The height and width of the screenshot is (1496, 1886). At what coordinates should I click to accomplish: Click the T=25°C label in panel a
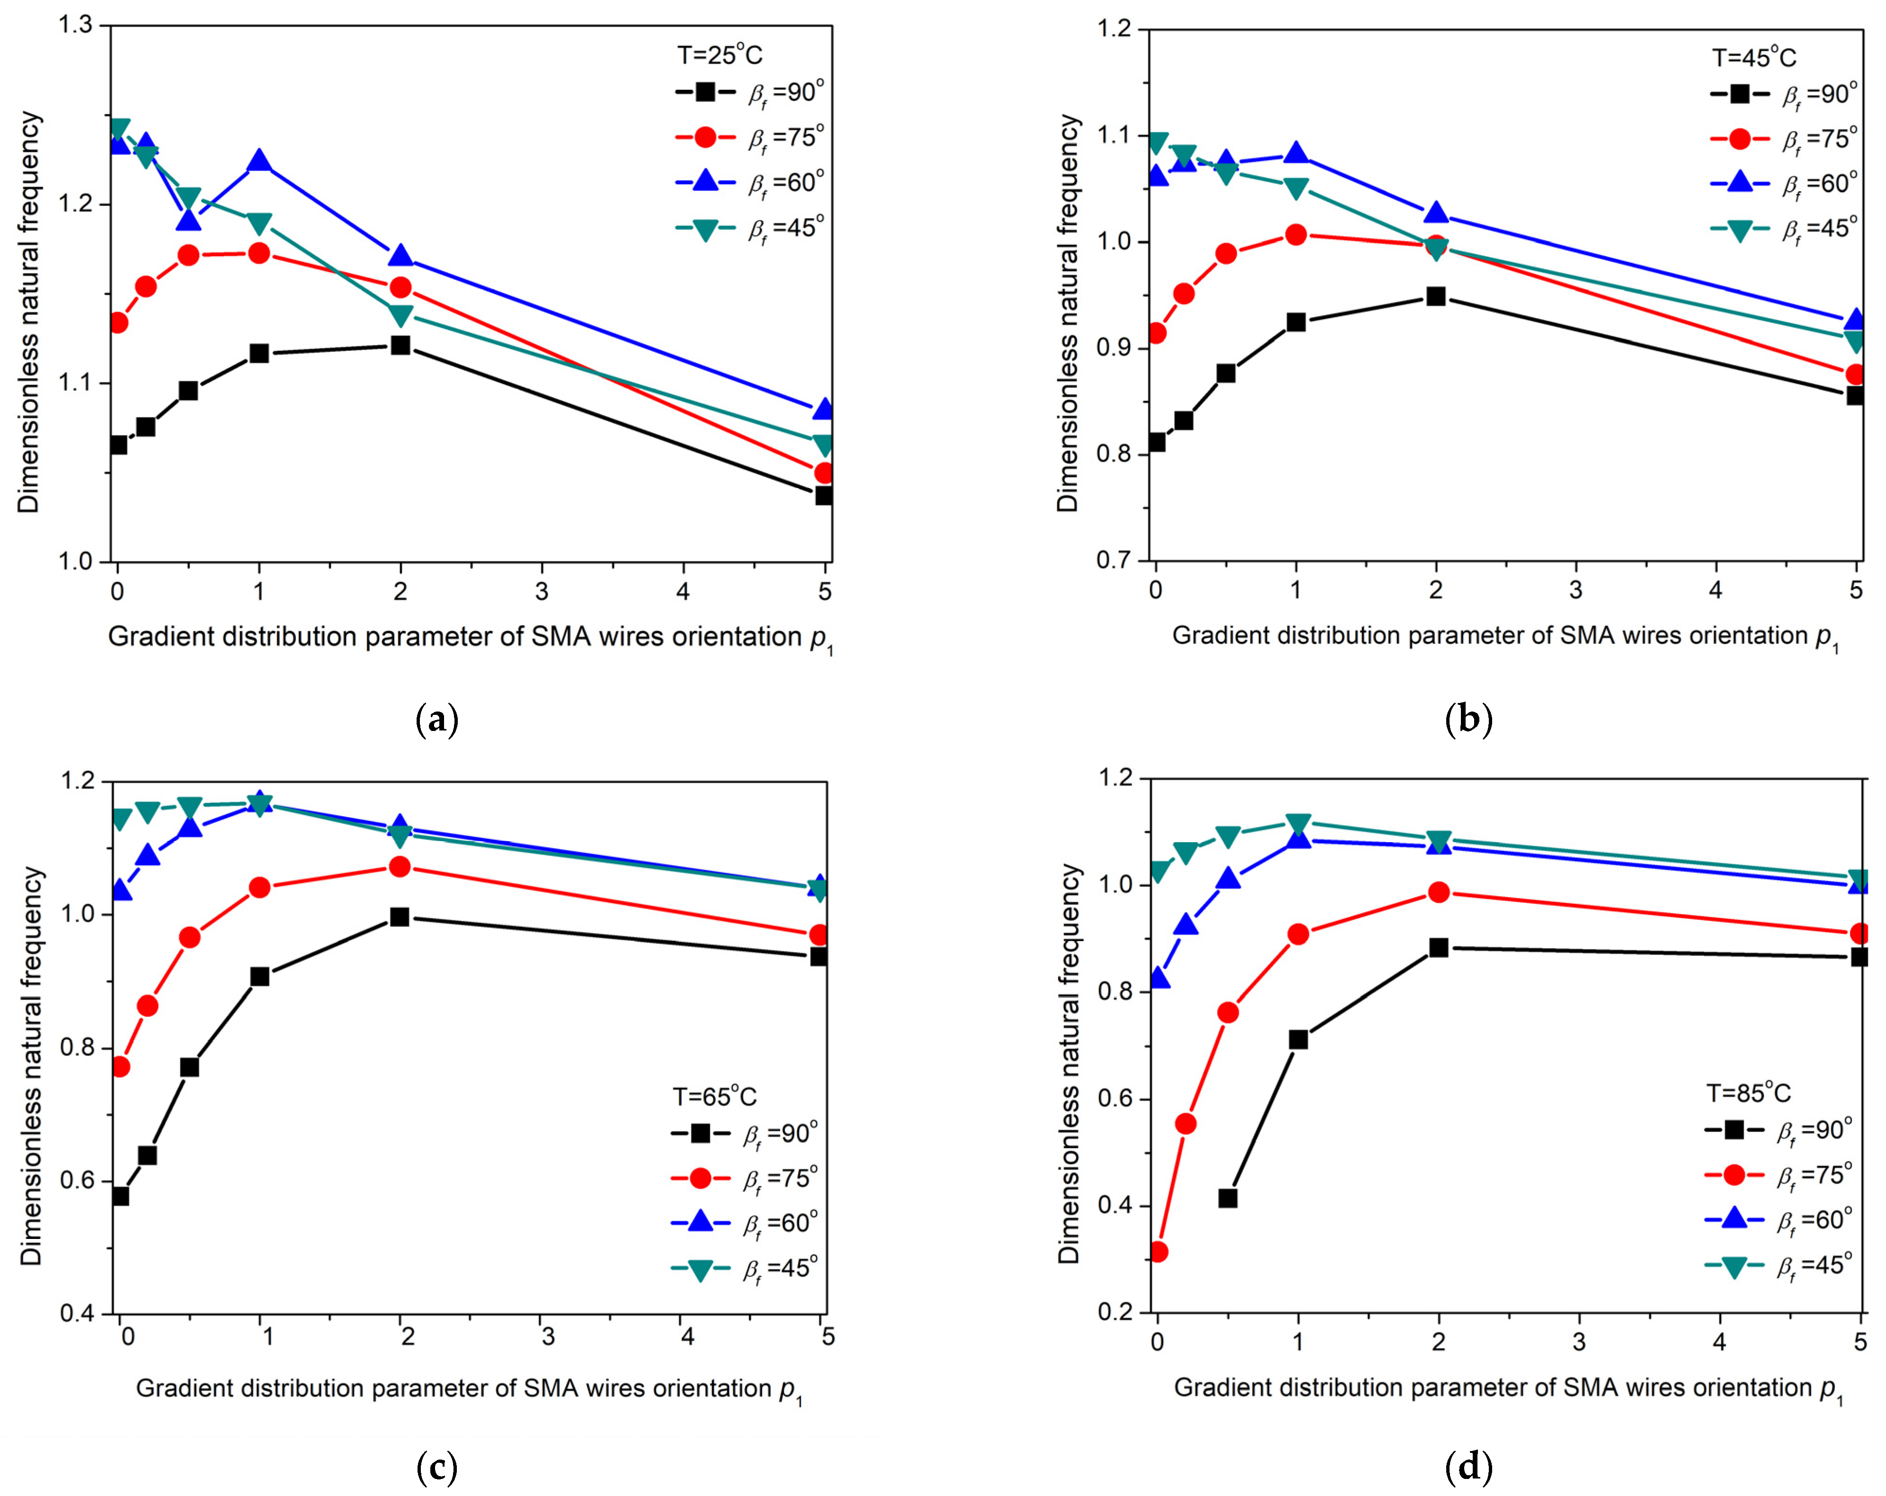719,55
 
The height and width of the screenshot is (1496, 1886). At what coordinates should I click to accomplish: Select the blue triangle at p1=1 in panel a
259,161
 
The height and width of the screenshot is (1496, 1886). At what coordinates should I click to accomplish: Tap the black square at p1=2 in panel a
400,345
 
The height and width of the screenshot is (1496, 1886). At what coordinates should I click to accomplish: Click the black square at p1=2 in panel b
1435,296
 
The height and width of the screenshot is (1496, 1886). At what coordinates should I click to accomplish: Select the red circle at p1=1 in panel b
1296,234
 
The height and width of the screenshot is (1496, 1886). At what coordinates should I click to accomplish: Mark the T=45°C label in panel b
1754,58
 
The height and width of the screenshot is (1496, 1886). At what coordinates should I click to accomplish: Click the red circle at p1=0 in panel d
1158,1252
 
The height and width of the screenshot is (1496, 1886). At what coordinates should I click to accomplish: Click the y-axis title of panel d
1069,1063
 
